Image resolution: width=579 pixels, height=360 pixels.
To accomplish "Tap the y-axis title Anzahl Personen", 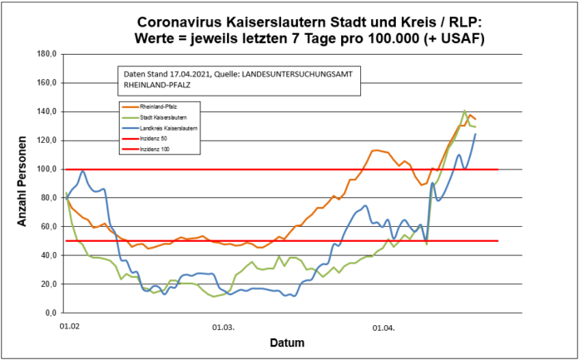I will click(24, 183).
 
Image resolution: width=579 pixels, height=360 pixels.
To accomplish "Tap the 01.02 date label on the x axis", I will click(69, 327).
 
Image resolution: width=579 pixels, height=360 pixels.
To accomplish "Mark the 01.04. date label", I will click(384, 327).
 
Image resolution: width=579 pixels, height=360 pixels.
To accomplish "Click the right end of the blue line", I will click(476, 134).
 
